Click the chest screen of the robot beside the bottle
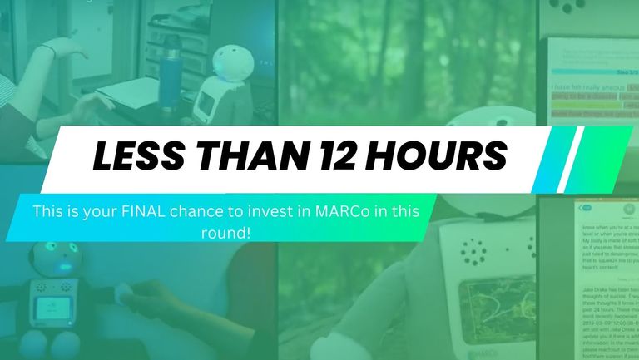coord(206,104)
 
